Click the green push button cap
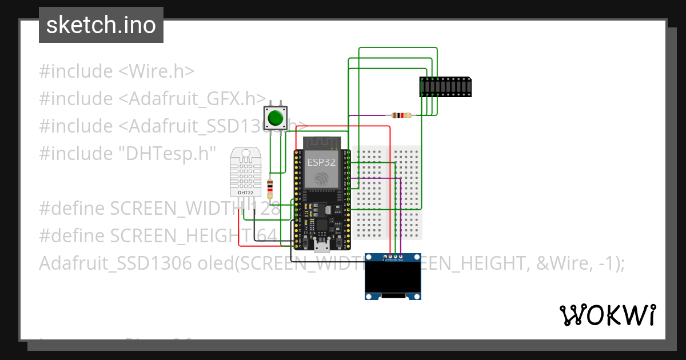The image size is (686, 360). click(276, 118)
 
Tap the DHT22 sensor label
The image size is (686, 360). click(245, 193)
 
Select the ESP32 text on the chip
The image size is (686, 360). click(322, 162)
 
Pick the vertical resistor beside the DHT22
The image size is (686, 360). click(270, 187)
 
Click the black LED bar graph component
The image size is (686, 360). click(446, 86)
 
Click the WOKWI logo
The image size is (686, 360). click(607, 315)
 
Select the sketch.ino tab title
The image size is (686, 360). click(101, 25)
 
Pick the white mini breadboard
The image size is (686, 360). click(389, 192)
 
